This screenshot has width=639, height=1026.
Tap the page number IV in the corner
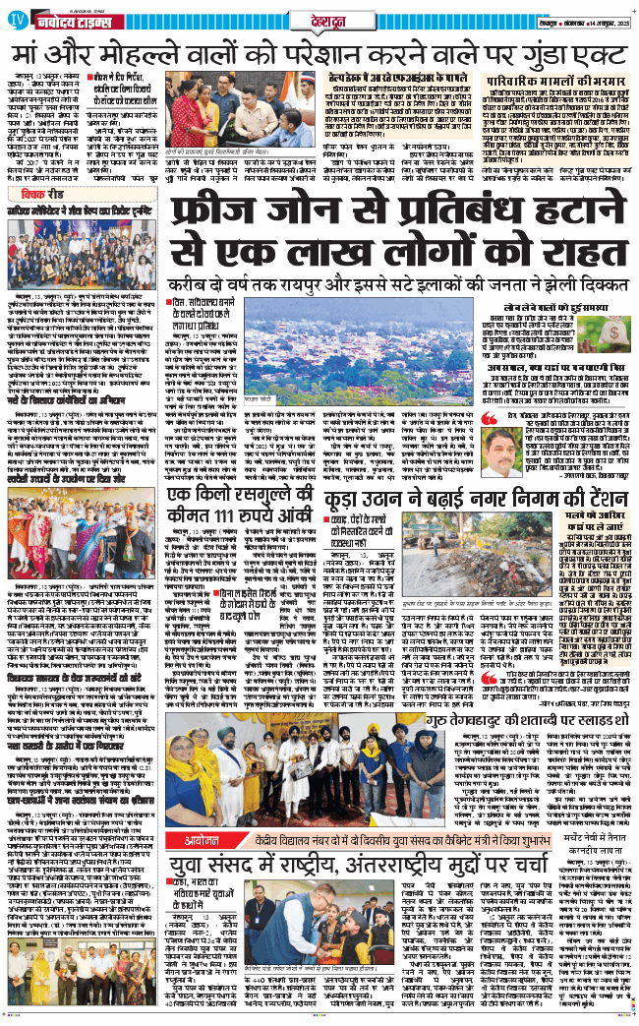tap(13, 19)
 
